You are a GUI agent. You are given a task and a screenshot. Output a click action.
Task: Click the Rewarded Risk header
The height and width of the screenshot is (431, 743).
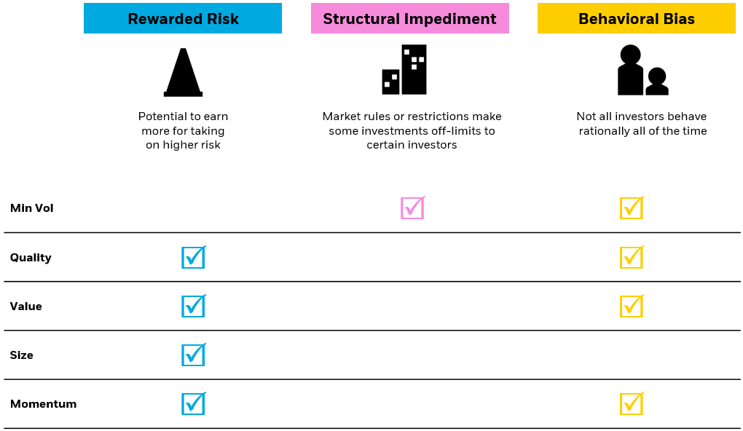click(x=183, y=19)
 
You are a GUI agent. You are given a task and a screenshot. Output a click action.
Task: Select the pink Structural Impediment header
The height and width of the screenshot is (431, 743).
click(x=409, y=19)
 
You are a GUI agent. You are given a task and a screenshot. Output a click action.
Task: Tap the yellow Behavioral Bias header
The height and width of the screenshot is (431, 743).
click(x=636, y=19)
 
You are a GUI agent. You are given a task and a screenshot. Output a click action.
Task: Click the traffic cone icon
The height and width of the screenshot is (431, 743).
click(x=183, y=72)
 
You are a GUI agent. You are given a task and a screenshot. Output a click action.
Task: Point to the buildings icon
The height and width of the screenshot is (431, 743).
click(x=404, y=70)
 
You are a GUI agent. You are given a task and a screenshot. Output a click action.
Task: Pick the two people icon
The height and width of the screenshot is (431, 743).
click(x=642, y=71)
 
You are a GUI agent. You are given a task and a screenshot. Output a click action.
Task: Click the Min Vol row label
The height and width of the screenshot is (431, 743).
click(x=32, y=208)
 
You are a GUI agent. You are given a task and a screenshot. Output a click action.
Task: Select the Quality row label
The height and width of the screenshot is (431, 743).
click(x=31, y=258)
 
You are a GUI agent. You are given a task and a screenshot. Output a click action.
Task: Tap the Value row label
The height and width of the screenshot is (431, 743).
click(x=26, y=307)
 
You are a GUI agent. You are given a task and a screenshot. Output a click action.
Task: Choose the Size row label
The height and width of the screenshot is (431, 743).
click(x=22, y=355)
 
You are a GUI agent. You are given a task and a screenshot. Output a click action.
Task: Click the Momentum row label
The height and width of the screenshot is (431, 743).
click(x=43, y=404)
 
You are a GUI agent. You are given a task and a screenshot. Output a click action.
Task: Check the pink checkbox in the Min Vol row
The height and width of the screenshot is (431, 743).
click(x=412, y=208)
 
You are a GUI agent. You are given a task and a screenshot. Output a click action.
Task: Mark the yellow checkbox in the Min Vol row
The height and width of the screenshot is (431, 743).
click(x=631, y=208)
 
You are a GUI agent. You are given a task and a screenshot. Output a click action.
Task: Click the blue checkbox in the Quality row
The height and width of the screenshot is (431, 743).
click(x=193, y=257)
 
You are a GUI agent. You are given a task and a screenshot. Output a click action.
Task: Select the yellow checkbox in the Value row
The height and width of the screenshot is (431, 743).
click(x=631, y=306)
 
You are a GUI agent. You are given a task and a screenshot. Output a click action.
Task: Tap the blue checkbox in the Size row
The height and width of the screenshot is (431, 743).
click(x=193, y=355)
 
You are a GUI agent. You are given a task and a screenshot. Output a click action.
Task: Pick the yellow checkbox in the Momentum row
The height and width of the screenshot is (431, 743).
click(x=631, y=403)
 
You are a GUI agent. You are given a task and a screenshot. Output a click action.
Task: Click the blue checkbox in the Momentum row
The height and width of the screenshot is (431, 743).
click(x=193, y=403)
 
